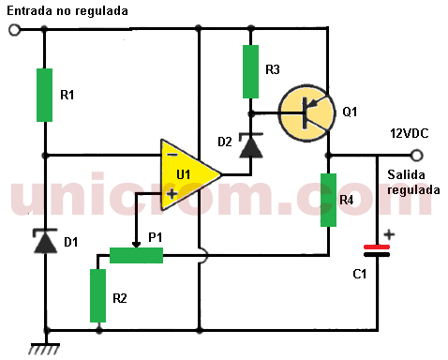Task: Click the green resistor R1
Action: pyautogui.click(x=45, y=94)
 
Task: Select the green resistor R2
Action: pyautogui.click(x=98, y=295)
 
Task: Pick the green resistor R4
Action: pyautogui.click(x=328, y=200)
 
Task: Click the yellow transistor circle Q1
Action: pyautogui.click(x=306, y=111)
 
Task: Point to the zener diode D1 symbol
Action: pyautogui.click(x=45, y=243)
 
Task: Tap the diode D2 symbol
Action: pyautogui.click(x=250, y=145)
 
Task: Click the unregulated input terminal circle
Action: pyautogui.click(x=14, y=30)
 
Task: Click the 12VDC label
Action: pyautogui.click(x=409, y=134)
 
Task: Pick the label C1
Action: pyautogui.click(x=359, y=275)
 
